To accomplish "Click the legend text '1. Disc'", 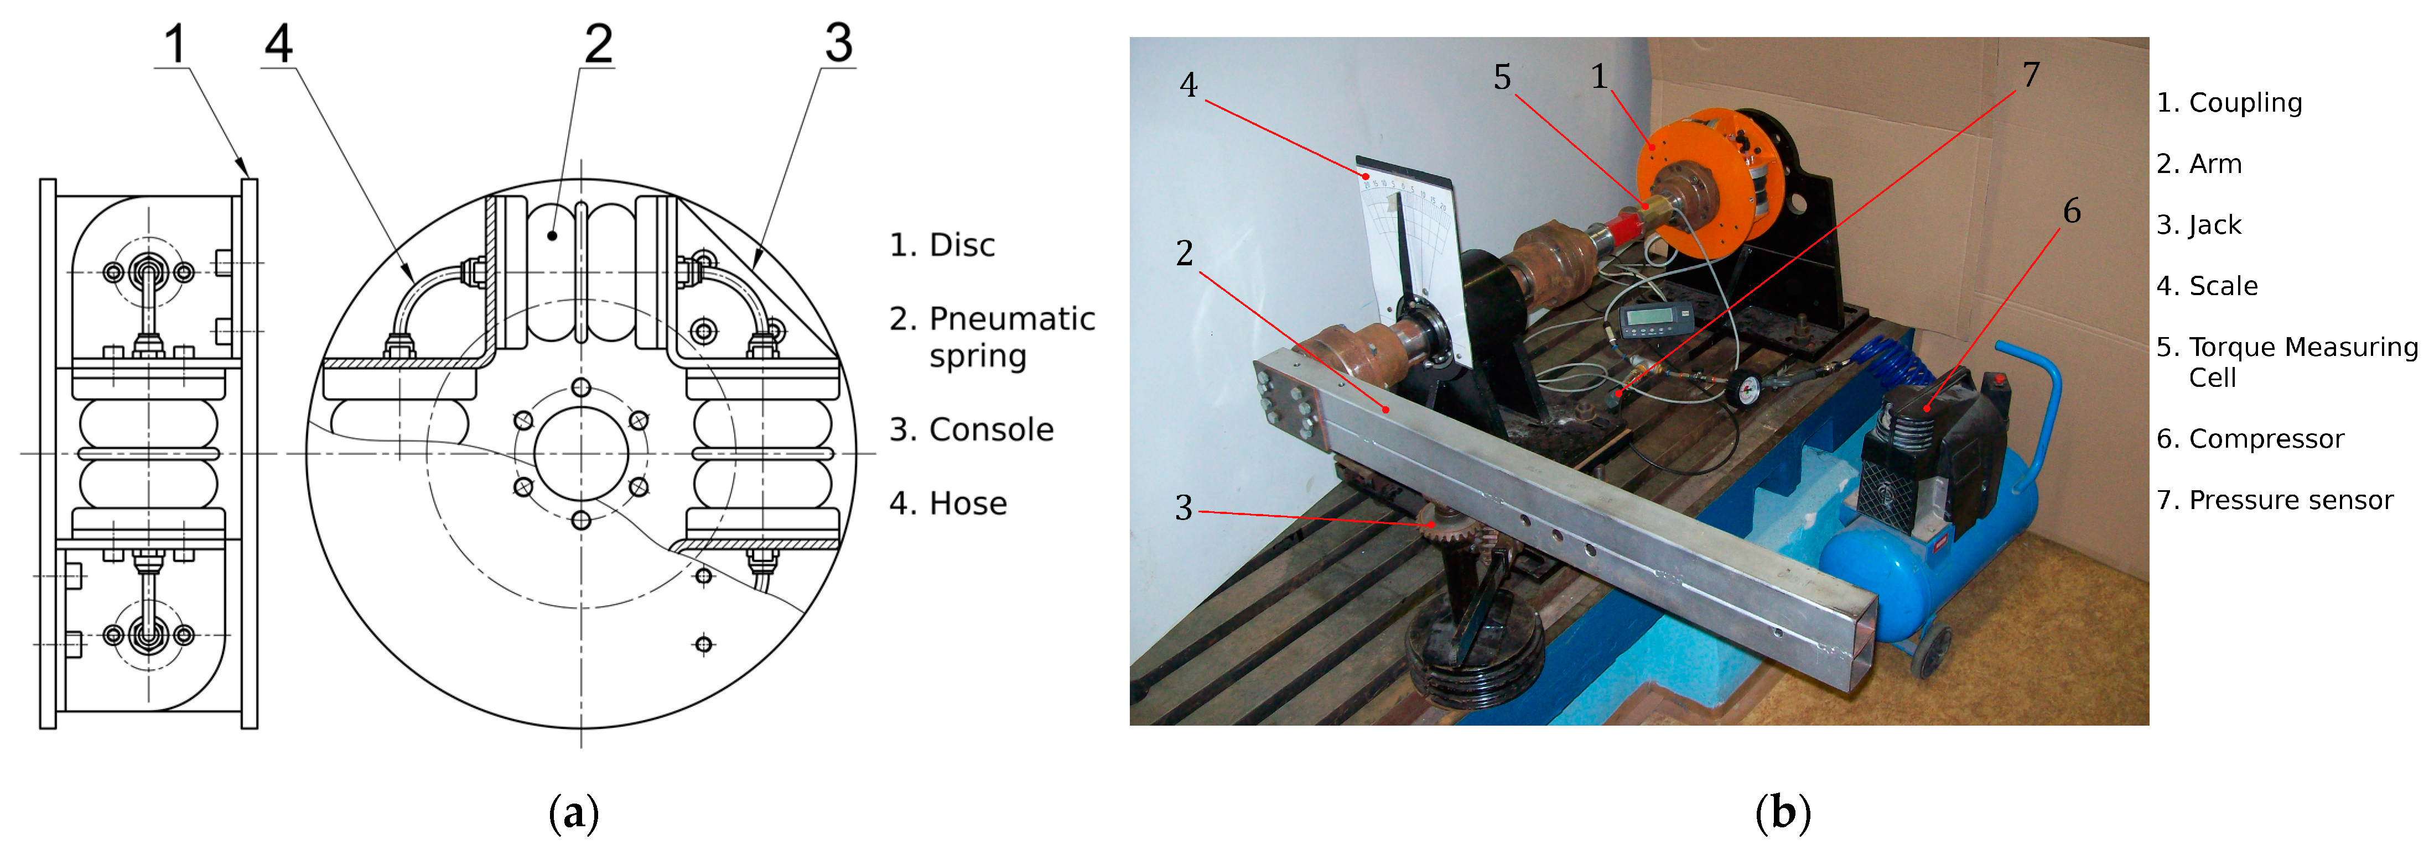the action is click(x=942, y=245).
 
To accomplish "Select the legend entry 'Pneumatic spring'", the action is click(x=992, y=337).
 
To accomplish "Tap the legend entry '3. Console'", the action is click(x=971, y=430).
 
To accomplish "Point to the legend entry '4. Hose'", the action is click(x=948, y=503).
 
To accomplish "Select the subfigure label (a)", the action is click(x=573, y=812).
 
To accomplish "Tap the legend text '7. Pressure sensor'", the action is click(x=2275, y=500).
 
